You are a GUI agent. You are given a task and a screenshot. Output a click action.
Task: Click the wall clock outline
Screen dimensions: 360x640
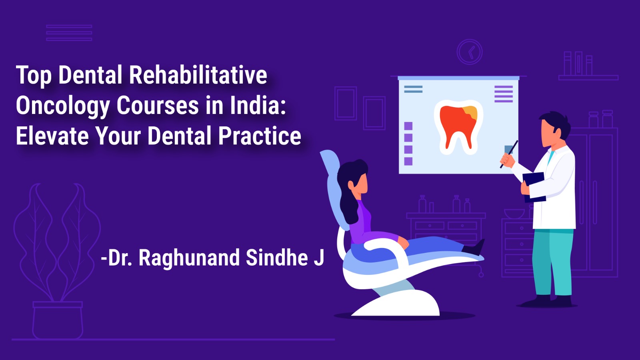click(470, 52)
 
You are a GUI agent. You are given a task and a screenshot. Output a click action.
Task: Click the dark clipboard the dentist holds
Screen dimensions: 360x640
click(534, 186)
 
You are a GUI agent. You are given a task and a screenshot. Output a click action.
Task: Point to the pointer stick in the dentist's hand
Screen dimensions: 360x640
click(510, 154)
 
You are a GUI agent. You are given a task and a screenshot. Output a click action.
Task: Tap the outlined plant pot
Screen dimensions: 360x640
click(58, 320)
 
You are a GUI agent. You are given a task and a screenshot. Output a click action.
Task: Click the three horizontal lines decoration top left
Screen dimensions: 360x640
click(69, 33)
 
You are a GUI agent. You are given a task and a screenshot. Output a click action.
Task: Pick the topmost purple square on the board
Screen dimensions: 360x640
click(408, 126)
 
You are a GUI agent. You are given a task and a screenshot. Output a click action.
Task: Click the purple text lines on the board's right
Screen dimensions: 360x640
click(503, 94)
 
